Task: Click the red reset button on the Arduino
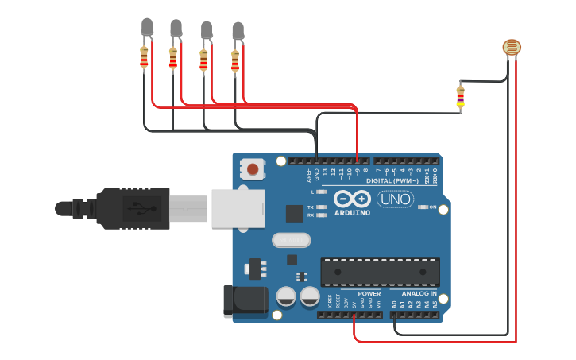coord(253,168)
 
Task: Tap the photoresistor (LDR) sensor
coord(512,48)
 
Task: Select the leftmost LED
coord(145,29)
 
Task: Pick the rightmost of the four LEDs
coord(237,31)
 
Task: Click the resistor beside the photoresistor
coord(460,97)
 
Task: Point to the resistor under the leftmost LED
coord(144,57)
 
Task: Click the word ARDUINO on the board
coord(352,213)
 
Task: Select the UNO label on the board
coord(395,199)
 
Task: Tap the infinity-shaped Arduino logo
coord(352,199)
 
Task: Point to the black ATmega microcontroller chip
coord(380,272)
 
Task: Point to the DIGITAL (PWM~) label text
coord(391,181)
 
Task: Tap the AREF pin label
coord(308,176)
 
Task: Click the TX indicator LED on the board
coord(321,207)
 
